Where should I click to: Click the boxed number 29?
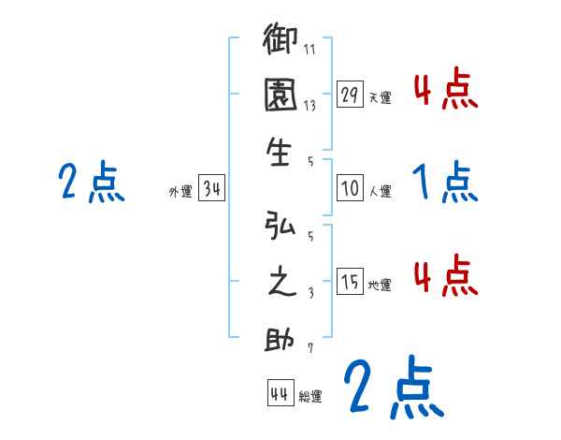tap(351, 94)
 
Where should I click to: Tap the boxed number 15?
tap(351, 282)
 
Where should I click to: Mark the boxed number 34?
tap(212, 190)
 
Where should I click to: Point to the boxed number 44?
tap(279, 393)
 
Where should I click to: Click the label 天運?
tap(380, 97)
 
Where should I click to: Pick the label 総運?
tap(310, 397)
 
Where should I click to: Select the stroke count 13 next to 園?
tap(310, 106)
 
